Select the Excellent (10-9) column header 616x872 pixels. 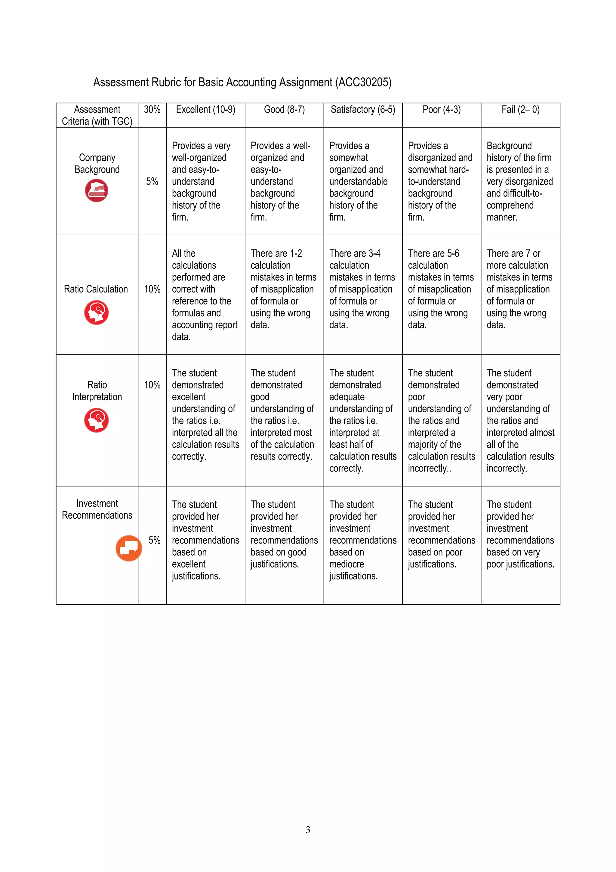point(205,110)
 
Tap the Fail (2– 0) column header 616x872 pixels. point(520,110)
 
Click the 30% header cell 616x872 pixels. point(152,110)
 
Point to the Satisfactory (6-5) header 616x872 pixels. point(362,110)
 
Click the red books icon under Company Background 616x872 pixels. point(97,191)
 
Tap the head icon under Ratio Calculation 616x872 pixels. point(97,313)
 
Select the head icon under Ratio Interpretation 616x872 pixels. point(97,420)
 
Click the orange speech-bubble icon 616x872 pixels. point(129,548)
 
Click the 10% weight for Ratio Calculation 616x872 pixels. point(152,289)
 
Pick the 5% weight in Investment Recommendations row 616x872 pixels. point(154,540)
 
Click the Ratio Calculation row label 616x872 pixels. point(96,289)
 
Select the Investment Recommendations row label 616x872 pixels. point(97,509)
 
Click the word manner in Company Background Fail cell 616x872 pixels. point(502,217)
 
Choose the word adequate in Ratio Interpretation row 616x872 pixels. point(346,397)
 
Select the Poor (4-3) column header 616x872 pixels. point(442,110)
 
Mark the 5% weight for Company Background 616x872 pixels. point(152,181)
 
